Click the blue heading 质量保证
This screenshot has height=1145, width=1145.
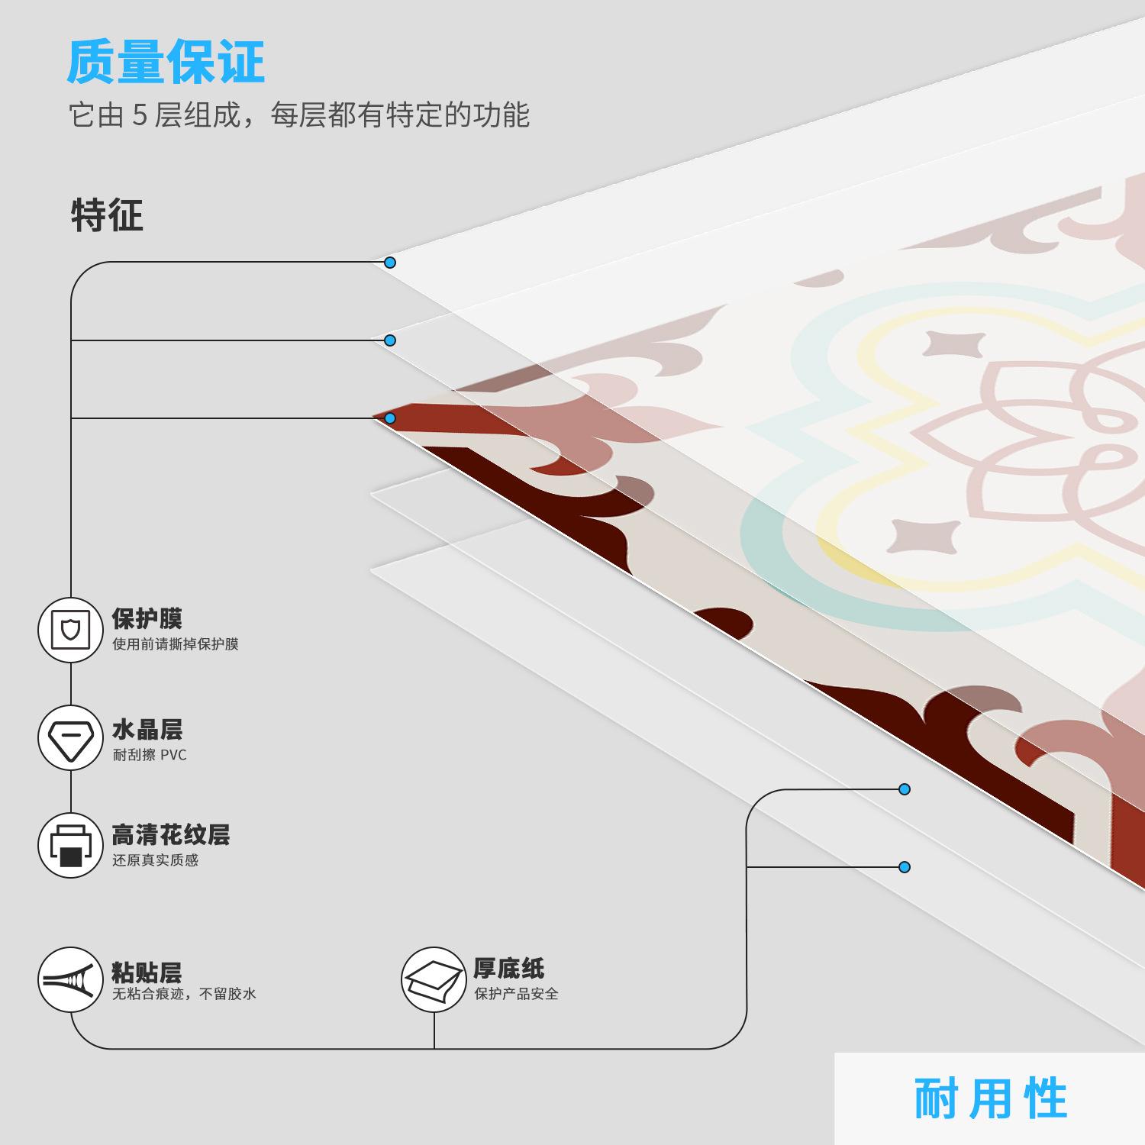[x=166, y=63]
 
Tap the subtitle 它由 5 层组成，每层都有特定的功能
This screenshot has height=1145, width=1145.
[x=299, y=115]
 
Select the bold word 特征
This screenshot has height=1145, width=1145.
[x=107, y=215]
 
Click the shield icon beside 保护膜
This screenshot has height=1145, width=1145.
[x=70, y=631]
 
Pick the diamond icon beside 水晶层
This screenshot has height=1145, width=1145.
[x=70, y=738]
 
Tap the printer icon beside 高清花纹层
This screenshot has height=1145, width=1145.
[x=70, y=846]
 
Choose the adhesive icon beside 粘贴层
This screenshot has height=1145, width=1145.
[x=70, y=979]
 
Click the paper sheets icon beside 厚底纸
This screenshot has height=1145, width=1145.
[x=434, y=979]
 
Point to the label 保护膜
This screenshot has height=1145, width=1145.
[x=147, y=619]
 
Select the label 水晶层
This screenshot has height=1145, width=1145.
[x=147, y=731]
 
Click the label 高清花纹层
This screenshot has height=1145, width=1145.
[x=171, y=835]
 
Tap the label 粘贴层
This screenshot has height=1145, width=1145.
[x=147, y=972]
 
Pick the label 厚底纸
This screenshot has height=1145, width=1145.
[x=508, y=969]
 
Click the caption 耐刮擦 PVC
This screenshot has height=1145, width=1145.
[x=150, y=755]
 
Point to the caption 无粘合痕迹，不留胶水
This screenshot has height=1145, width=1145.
[x=184, y=994]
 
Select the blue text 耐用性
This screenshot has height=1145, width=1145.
[x=990, y=1099]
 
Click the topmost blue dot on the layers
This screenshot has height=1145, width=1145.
[x=390, y=263]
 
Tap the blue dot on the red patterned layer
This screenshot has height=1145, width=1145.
[x=390, y=418]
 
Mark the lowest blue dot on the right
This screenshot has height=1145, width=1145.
[x=905, y=867]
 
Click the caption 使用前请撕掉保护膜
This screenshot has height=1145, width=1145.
[x=176, y=644]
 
